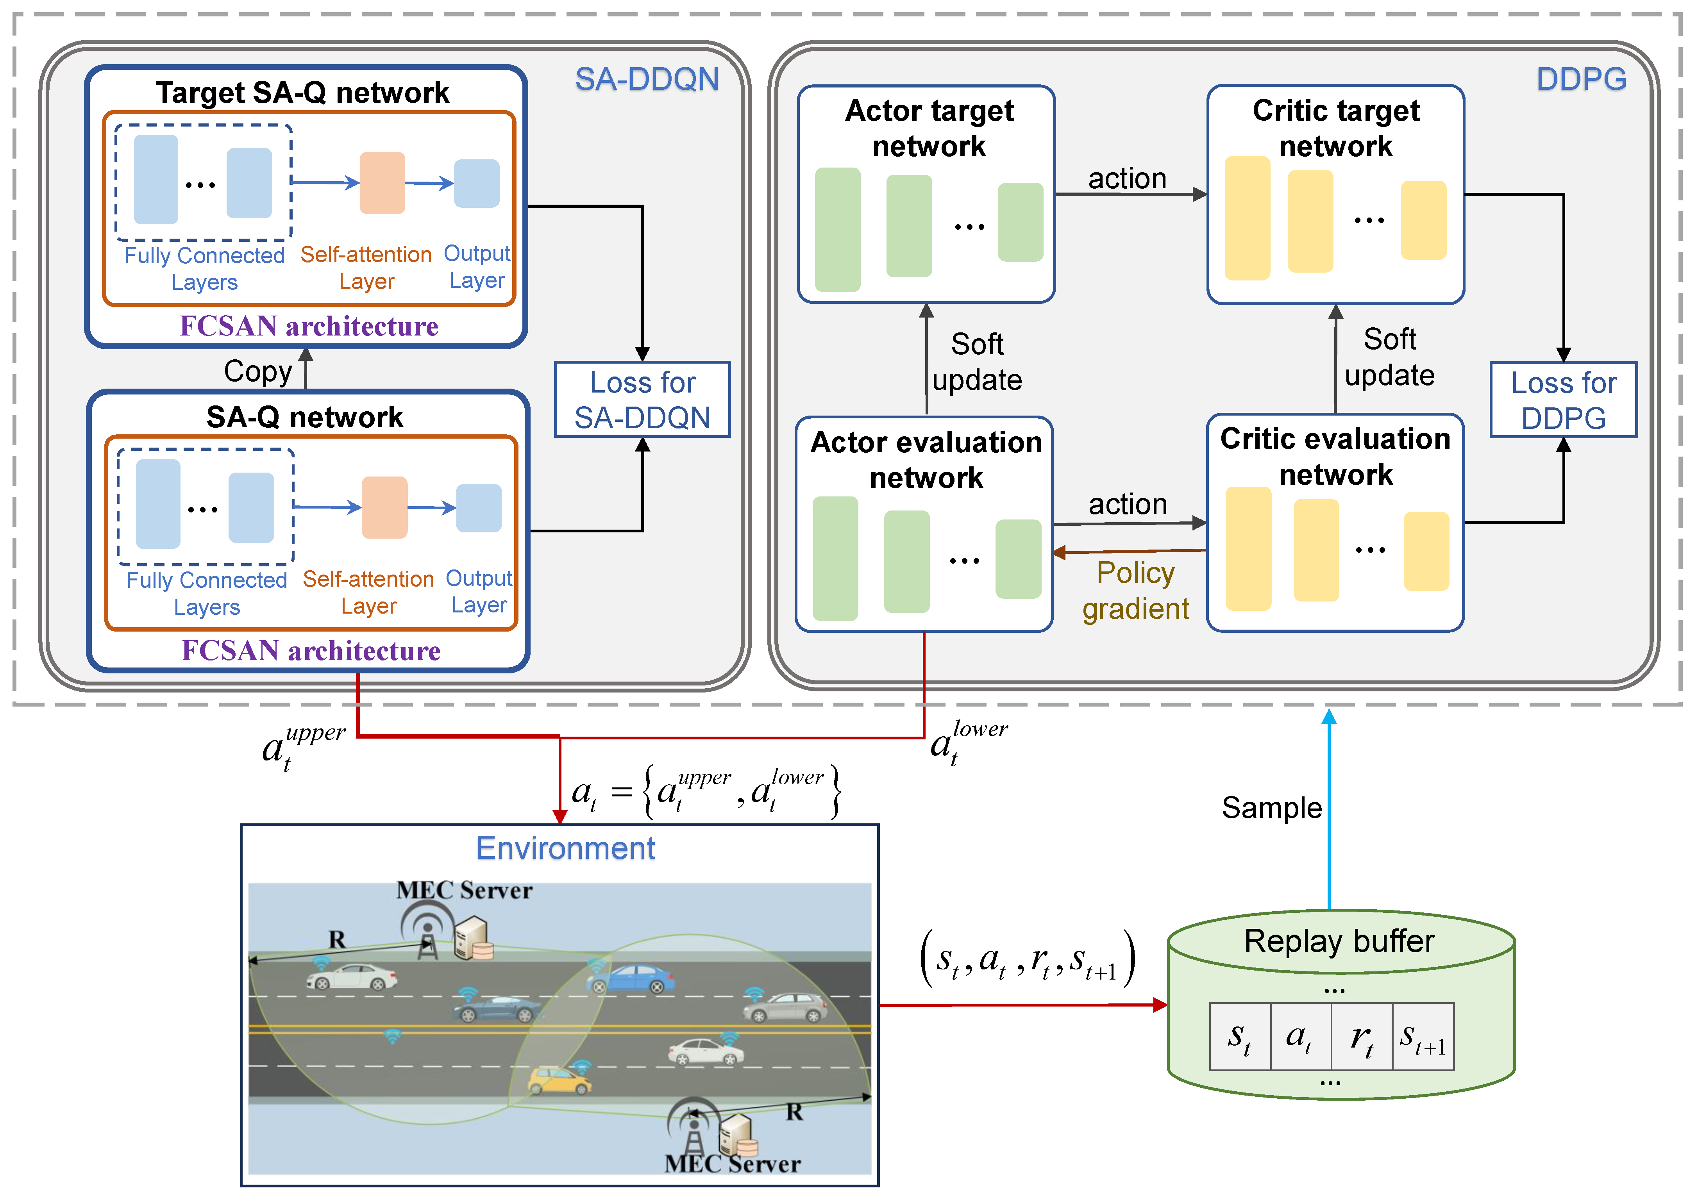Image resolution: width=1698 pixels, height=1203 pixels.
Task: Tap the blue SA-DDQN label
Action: [647, 79]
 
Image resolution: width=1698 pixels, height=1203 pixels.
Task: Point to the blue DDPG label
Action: [1581, 79]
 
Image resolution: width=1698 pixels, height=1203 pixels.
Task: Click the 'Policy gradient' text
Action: [1135, 591]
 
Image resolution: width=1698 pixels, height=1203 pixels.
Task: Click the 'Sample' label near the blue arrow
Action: [1271, 807]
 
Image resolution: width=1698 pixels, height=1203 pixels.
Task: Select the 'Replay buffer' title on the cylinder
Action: [1339, 941]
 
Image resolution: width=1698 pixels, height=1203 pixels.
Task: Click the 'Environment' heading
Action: [565, 848]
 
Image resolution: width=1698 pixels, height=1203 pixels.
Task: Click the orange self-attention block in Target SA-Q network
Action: [382, 183]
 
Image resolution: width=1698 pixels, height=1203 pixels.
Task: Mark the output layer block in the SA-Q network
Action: [479, 508]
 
